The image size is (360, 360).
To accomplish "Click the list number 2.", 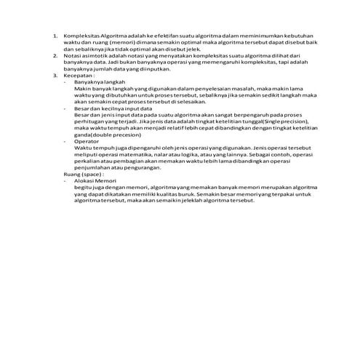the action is point(54,55).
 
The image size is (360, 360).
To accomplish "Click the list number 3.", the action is point(54,74).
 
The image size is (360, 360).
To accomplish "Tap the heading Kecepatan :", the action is point(79,74).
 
